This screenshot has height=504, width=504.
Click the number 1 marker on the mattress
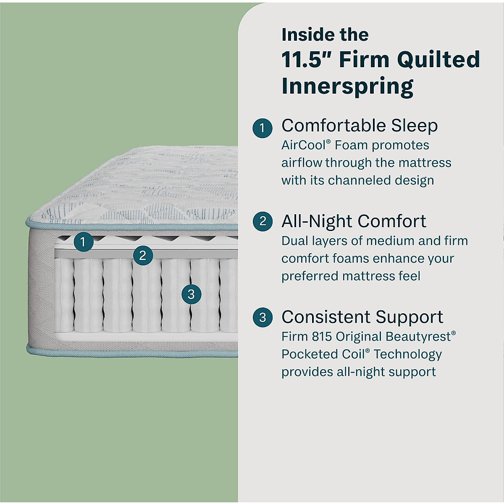tap(83, 241)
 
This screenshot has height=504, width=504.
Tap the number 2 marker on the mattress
tap(143, 255)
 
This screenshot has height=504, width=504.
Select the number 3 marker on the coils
tap(191, 294)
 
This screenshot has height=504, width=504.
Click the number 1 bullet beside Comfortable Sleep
tap(263, 127)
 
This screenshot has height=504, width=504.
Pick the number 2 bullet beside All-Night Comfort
tap(263, 221)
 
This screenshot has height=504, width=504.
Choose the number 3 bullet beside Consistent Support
tap(263, 317)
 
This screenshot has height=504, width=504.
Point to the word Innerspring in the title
tap(348, 86)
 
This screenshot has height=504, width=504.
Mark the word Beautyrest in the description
tap(418, 336)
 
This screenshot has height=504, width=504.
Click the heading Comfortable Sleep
tap(360, 126)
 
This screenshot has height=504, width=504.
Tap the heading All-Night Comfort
tap(354, 221)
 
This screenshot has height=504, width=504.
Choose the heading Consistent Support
tap(362, 317)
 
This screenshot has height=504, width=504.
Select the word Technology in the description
tap(407, 354)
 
